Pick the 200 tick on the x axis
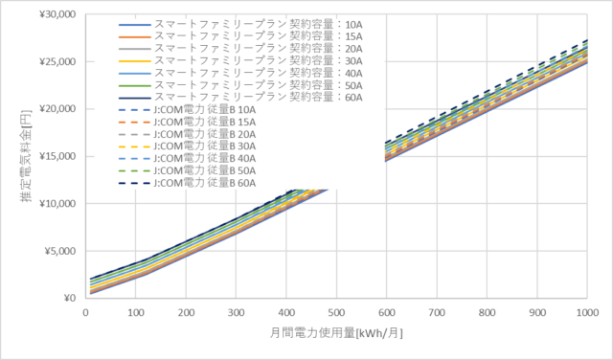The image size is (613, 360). click(x=186, y=313)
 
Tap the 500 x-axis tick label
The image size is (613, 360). click(x=336, y=313)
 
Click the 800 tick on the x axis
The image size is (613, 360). click(x=487, y=313)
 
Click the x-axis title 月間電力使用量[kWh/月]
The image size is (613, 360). click(x=336, y=334)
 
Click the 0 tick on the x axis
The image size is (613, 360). click(x=86, y=313)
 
